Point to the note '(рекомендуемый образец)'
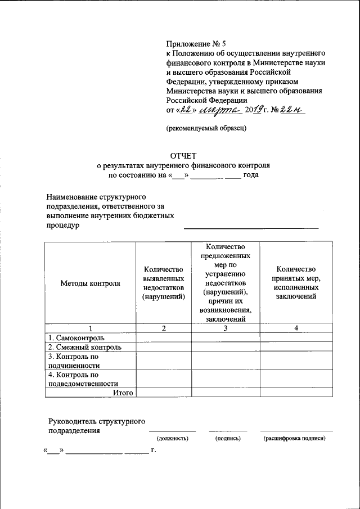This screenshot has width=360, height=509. (206, 128)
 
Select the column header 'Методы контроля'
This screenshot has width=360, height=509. (91, 283)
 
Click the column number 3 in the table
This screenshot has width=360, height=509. (225, 328)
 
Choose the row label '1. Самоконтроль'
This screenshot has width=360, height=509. (76, 338)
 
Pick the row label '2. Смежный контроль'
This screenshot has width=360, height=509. (85, 347)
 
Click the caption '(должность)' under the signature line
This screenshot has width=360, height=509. (172, 438)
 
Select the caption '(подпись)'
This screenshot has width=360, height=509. (228, 438)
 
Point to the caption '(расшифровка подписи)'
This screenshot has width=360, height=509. (294, 438)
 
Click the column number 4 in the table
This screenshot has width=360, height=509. (295, 328)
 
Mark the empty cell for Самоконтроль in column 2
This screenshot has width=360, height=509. (163, 338)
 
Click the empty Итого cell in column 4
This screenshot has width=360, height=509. (295, 393)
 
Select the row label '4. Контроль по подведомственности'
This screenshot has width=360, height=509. (82, 379)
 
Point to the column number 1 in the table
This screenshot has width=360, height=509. (90, 328)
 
